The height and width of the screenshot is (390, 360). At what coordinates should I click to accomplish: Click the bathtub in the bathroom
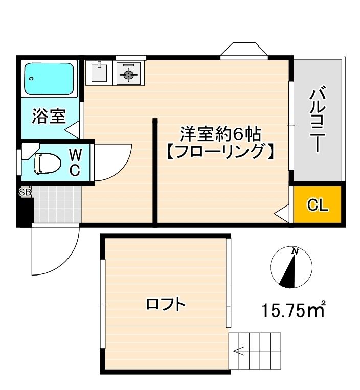50,78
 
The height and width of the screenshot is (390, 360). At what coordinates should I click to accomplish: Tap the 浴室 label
49,117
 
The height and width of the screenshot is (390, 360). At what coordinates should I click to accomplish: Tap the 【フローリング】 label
220,152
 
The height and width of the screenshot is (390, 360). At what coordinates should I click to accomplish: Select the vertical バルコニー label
318,121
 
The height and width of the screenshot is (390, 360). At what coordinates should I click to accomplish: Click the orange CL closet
317,205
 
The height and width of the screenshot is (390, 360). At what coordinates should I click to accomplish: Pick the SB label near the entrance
25,193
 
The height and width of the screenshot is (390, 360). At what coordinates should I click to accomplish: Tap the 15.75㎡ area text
294,309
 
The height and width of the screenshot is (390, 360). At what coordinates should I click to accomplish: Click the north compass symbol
290,267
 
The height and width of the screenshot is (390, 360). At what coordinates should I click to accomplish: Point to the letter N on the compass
295,251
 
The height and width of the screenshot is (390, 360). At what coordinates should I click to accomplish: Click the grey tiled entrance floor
57,204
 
